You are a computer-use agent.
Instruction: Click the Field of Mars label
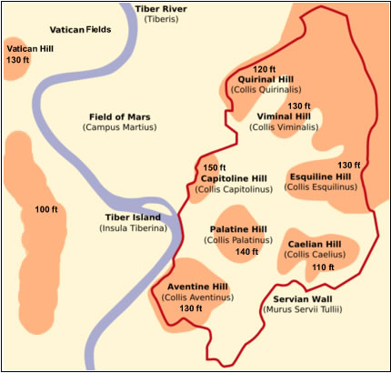(x=119, y=116)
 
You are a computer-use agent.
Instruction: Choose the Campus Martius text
(x=119, y=127)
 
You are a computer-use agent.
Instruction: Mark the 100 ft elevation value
(x=46, y=210)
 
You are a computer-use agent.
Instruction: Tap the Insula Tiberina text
(x=133, y=228)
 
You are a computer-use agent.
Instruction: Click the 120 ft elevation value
(x=263, y=69)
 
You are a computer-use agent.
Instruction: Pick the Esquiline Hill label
(x=319, y=176)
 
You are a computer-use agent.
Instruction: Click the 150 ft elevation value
(x=215, y=167)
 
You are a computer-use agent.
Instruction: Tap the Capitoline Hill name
(x=231, y=178)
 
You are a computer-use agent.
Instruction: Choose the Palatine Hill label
(x=238, y=228)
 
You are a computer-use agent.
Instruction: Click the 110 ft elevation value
(x=323, y=267)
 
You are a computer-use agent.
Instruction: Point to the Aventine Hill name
(x=195, y=287)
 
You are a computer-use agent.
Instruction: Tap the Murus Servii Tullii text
(x=303, y=309)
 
